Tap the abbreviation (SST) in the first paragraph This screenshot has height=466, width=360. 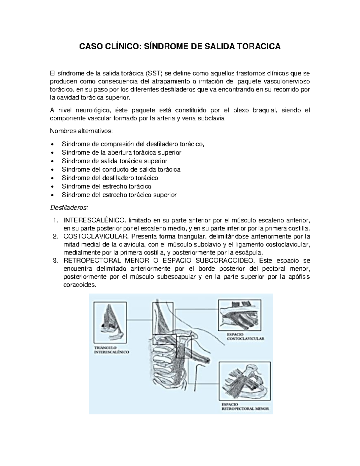[x=153, y=73]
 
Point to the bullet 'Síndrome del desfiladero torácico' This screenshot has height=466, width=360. [x=110, y=178]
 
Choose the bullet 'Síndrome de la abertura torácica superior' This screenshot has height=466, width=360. [x=121, y=152]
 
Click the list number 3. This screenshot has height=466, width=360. [x=55, y=260]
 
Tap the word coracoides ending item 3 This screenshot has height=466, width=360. [x=80, y=285]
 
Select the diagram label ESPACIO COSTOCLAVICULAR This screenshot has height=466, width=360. [x=245, y=336]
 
